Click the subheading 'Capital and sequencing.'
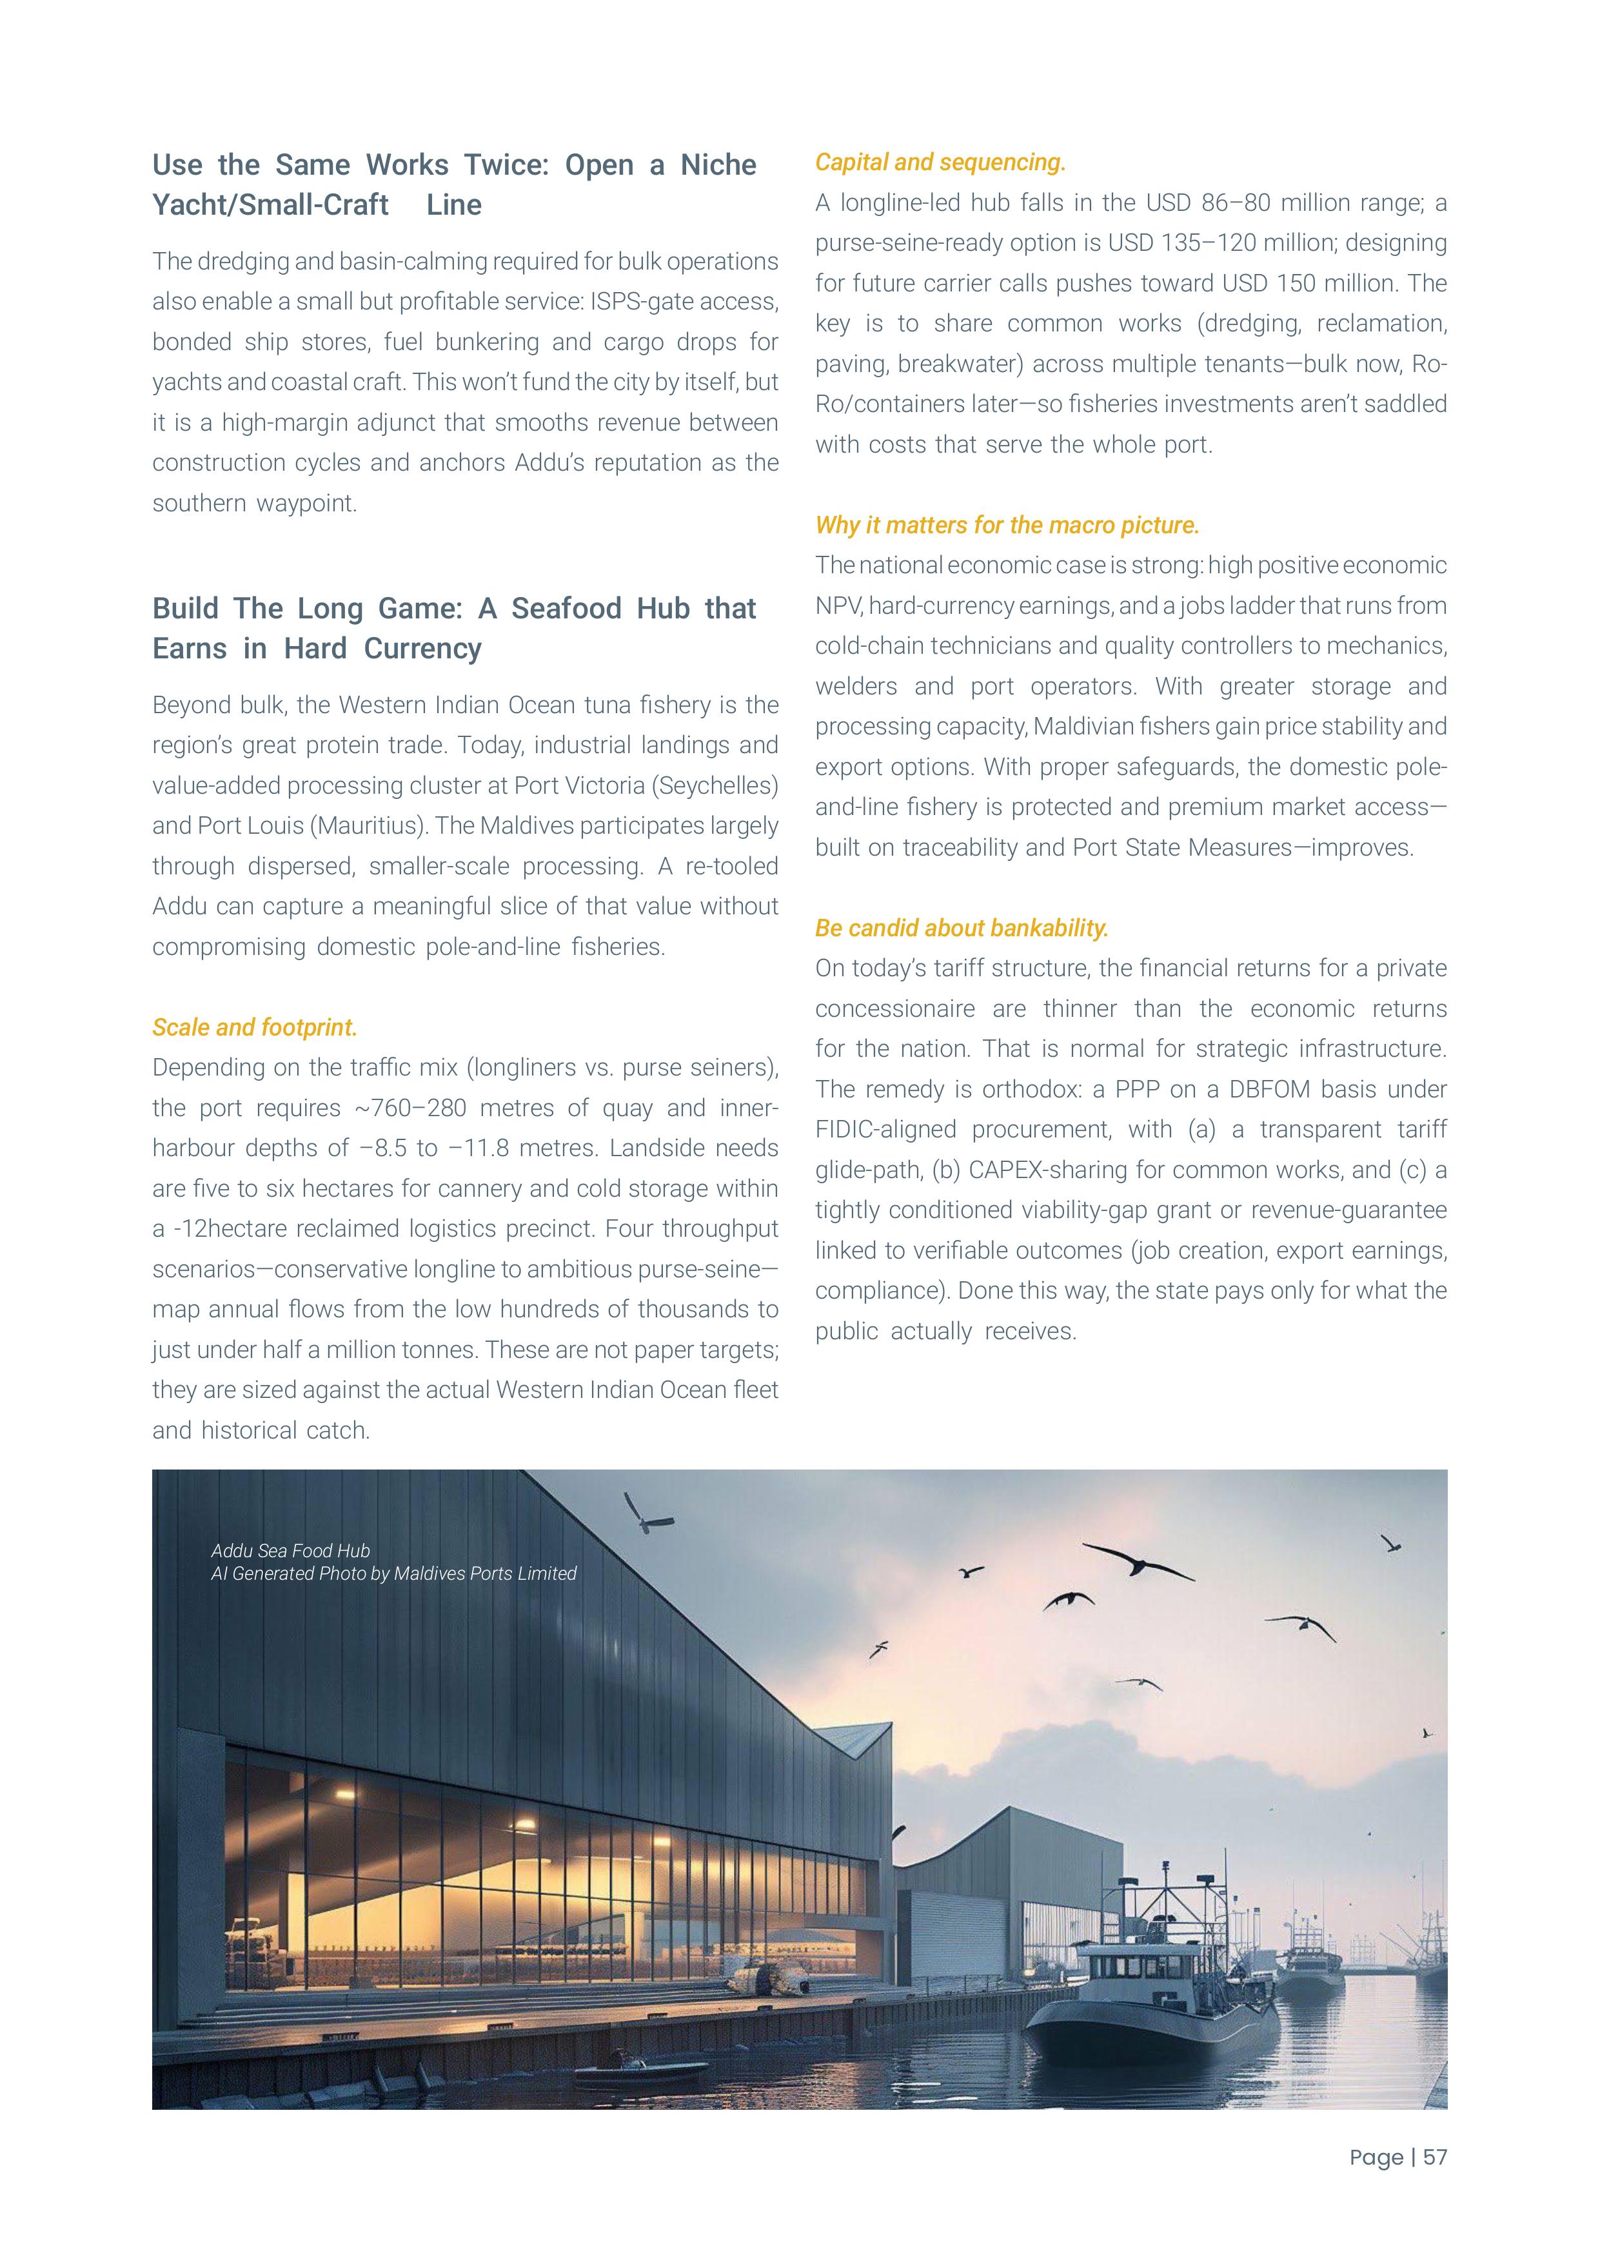click(x=940, y=162)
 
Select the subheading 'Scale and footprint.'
click(x=254, y=1028)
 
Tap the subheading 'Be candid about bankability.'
click(x=962, y=928)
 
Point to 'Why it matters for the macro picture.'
click(x=1007, y=525)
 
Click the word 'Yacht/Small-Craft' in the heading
click(x=271, y=205)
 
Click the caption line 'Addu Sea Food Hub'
click(x=291, y=1551)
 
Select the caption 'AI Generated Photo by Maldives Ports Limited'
click(x=393, y=1573)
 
